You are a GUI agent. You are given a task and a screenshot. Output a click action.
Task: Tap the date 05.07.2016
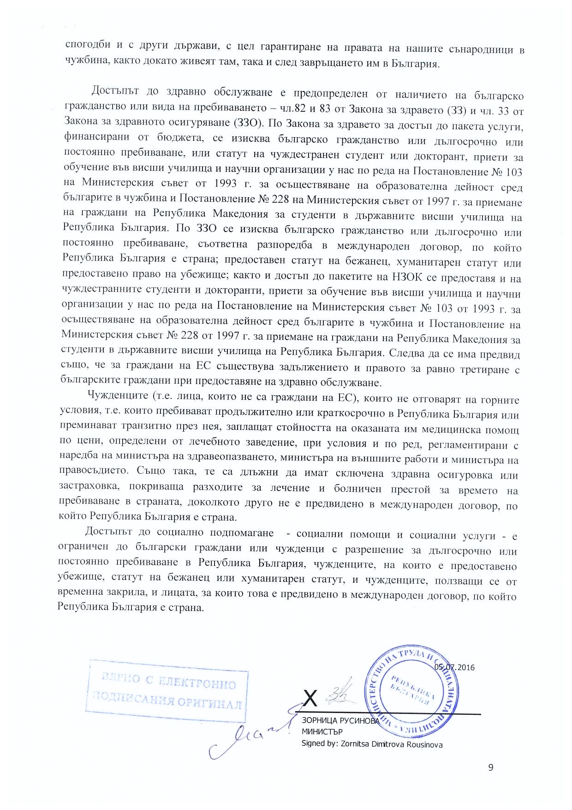(454, 667)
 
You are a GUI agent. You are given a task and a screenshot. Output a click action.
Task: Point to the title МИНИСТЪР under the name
(322, 732)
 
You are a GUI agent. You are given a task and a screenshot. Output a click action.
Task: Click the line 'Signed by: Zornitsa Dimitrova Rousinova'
(371, 744)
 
